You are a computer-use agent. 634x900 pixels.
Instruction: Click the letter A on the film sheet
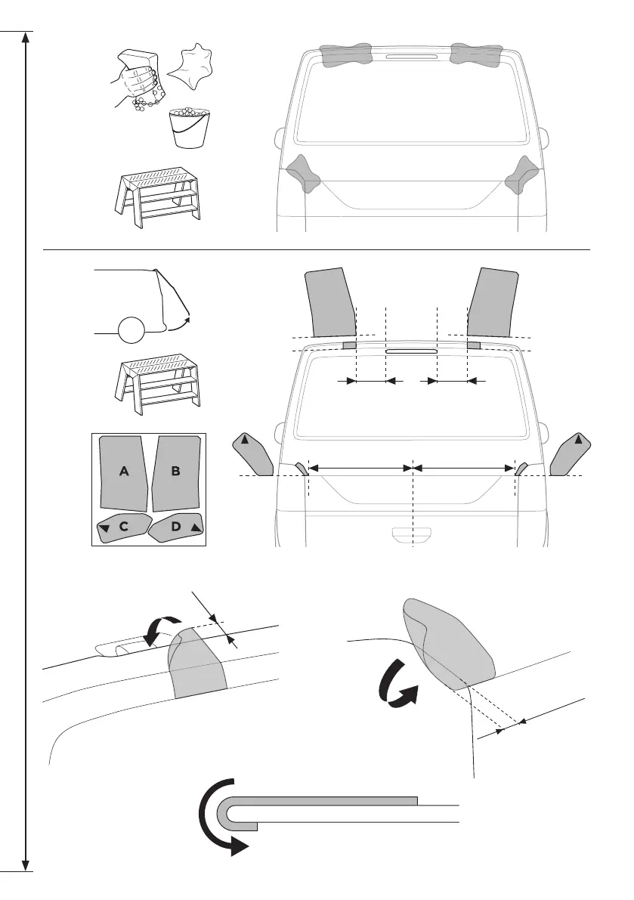(x=125, y=471)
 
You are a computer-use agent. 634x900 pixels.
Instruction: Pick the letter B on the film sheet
(x=175, y=471)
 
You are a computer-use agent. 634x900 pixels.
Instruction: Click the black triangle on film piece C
(x=106, y=529)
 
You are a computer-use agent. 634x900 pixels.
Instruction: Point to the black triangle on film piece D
(x=196, y=528)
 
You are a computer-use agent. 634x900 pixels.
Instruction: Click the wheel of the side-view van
(x=131, y=330)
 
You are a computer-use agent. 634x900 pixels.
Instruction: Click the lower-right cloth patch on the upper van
(x=520, y=173)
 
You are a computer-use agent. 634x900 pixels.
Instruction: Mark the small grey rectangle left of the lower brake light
(x=348, y=345)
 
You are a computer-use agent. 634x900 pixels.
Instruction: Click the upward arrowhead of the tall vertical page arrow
(x=26, y=39)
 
